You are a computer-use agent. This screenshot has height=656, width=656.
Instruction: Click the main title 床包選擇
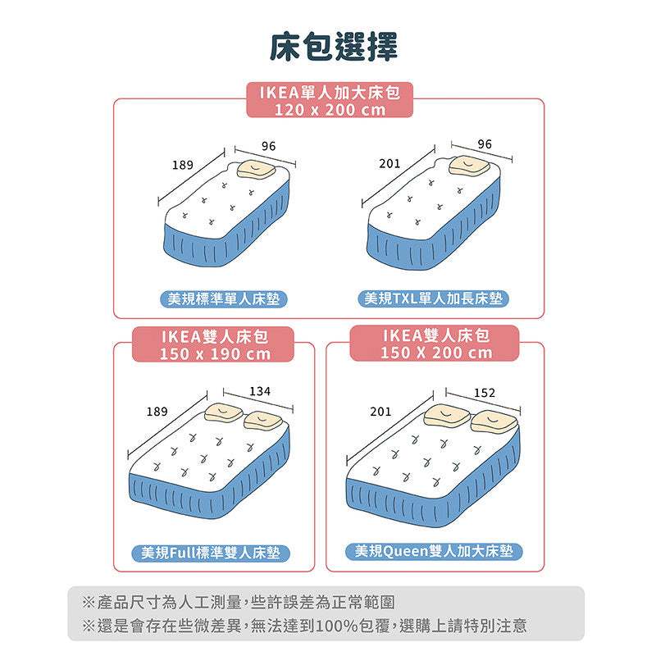point(334,47)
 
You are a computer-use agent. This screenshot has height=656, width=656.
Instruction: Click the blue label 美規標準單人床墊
point(223,298)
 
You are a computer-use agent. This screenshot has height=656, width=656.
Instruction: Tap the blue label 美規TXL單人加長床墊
point(432,298)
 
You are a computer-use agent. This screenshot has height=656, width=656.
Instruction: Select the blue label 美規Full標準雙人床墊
point(211,553)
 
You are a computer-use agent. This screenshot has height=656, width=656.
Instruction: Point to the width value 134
point(259,393)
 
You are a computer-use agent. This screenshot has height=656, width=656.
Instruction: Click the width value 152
point(485,394)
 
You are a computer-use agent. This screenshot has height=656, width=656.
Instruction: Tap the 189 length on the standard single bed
point(183,165)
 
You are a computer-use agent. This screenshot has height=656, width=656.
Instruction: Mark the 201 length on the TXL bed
point(389,164)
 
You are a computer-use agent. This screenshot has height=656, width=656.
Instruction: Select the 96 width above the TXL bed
point(485,144)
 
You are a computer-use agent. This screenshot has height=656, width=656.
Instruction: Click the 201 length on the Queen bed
point(380,411)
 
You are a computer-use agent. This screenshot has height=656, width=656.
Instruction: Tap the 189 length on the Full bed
point(157,411)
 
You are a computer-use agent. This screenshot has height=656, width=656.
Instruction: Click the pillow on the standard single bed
point(256,169)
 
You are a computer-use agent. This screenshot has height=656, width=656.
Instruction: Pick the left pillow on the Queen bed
point(447,414)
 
